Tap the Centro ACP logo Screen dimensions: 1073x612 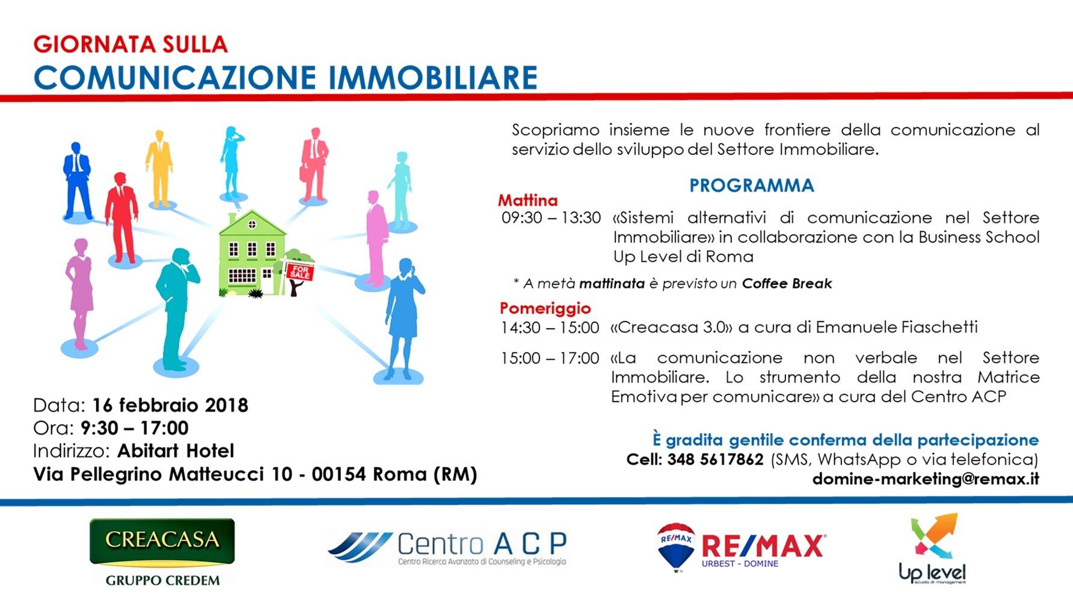(447, 548)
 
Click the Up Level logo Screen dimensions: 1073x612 (932, 548)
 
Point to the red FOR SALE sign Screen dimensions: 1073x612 (299, 271)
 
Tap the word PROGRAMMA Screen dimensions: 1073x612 (751, 185)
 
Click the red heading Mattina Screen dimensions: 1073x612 (527, 200)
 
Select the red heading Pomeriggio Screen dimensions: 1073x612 (545, 308)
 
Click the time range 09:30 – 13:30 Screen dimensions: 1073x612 (551, 218)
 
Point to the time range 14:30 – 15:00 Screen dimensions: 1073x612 (550, 328)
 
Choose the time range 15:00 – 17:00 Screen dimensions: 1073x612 (550, 359)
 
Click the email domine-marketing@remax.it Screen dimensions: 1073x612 (926, 479)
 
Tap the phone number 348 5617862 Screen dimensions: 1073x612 (715, 460)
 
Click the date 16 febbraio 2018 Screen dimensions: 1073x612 (170, 405)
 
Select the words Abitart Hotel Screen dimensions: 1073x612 (176, 451)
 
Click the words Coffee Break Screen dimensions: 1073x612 (787, 283)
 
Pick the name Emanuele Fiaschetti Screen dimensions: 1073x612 (897, 327)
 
